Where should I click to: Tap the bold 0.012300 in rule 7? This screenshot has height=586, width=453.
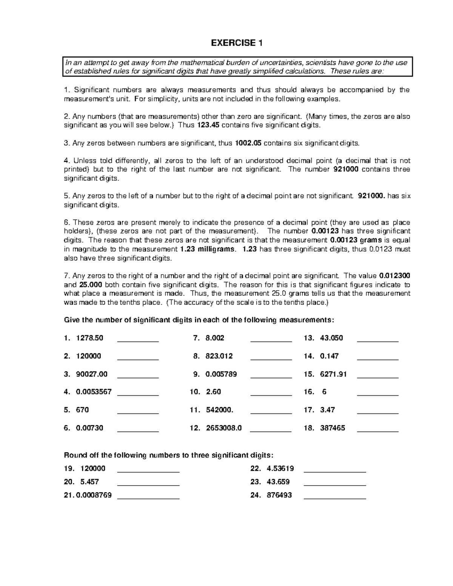(x=394, y=276)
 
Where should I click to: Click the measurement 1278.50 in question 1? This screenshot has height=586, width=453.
(x=89, y=338)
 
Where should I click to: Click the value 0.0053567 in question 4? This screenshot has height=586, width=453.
(x=94, y=392)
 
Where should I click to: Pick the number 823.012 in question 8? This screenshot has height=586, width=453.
(x=219, y=356)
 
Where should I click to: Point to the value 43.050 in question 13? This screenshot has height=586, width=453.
(x=331, y=338)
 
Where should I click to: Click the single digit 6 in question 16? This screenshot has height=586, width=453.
(x=324, y=392)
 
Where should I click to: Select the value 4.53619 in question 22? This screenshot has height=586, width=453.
(x=280, y=468)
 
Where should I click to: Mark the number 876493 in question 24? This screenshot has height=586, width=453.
(x=279, y=495)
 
